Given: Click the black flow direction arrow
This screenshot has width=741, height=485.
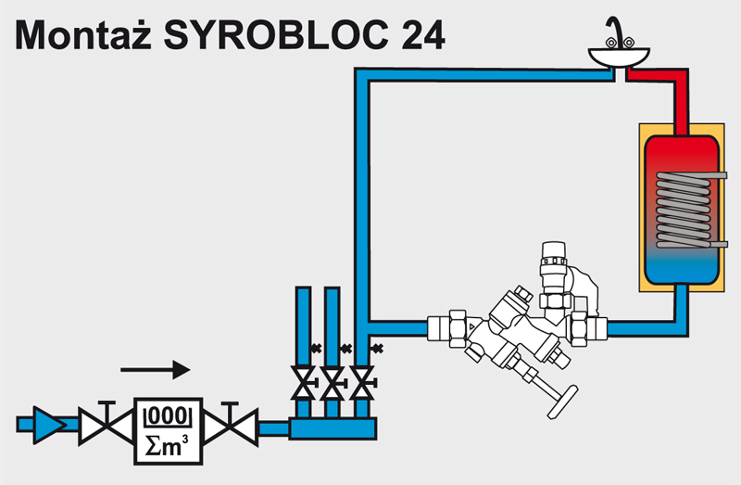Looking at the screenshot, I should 155,369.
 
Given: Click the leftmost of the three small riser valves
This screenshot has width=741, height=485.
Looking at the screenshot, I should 302,380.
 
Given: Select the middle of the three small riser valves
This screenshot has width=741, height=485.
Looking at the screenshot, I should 332,380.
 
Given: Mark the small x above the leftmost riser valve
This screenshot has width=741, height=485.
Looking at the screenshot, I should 316,349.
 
